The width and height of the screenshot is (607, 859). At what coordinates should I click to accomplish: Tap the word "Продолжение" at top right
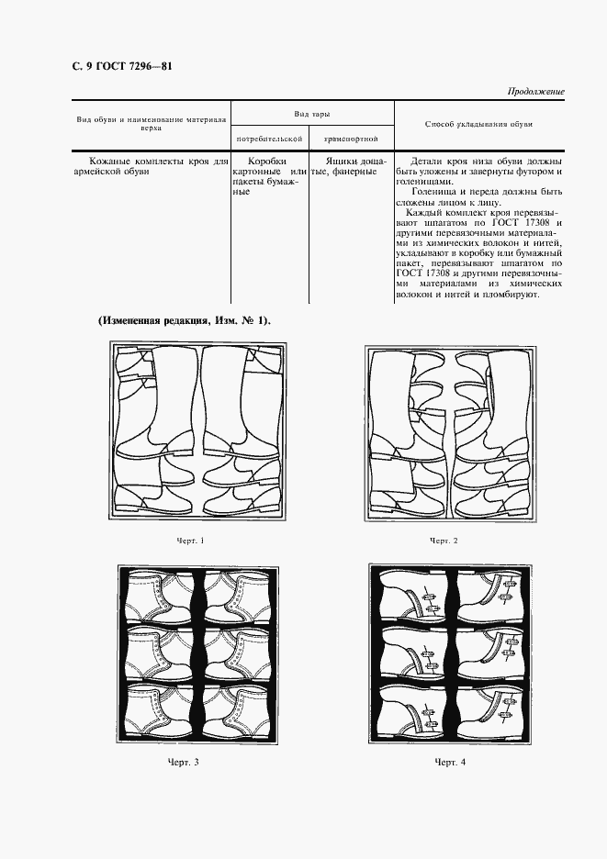click(535, 92)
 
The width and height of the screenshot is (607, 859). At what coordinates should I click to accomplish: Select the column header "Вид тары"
click(312, 112)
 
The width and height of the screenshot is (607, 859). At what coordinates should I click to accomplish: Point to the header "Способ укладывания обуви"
click(479, 123)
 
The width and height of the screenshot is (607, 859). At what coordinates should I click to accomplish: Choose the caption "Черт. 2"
click(444, 541)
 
